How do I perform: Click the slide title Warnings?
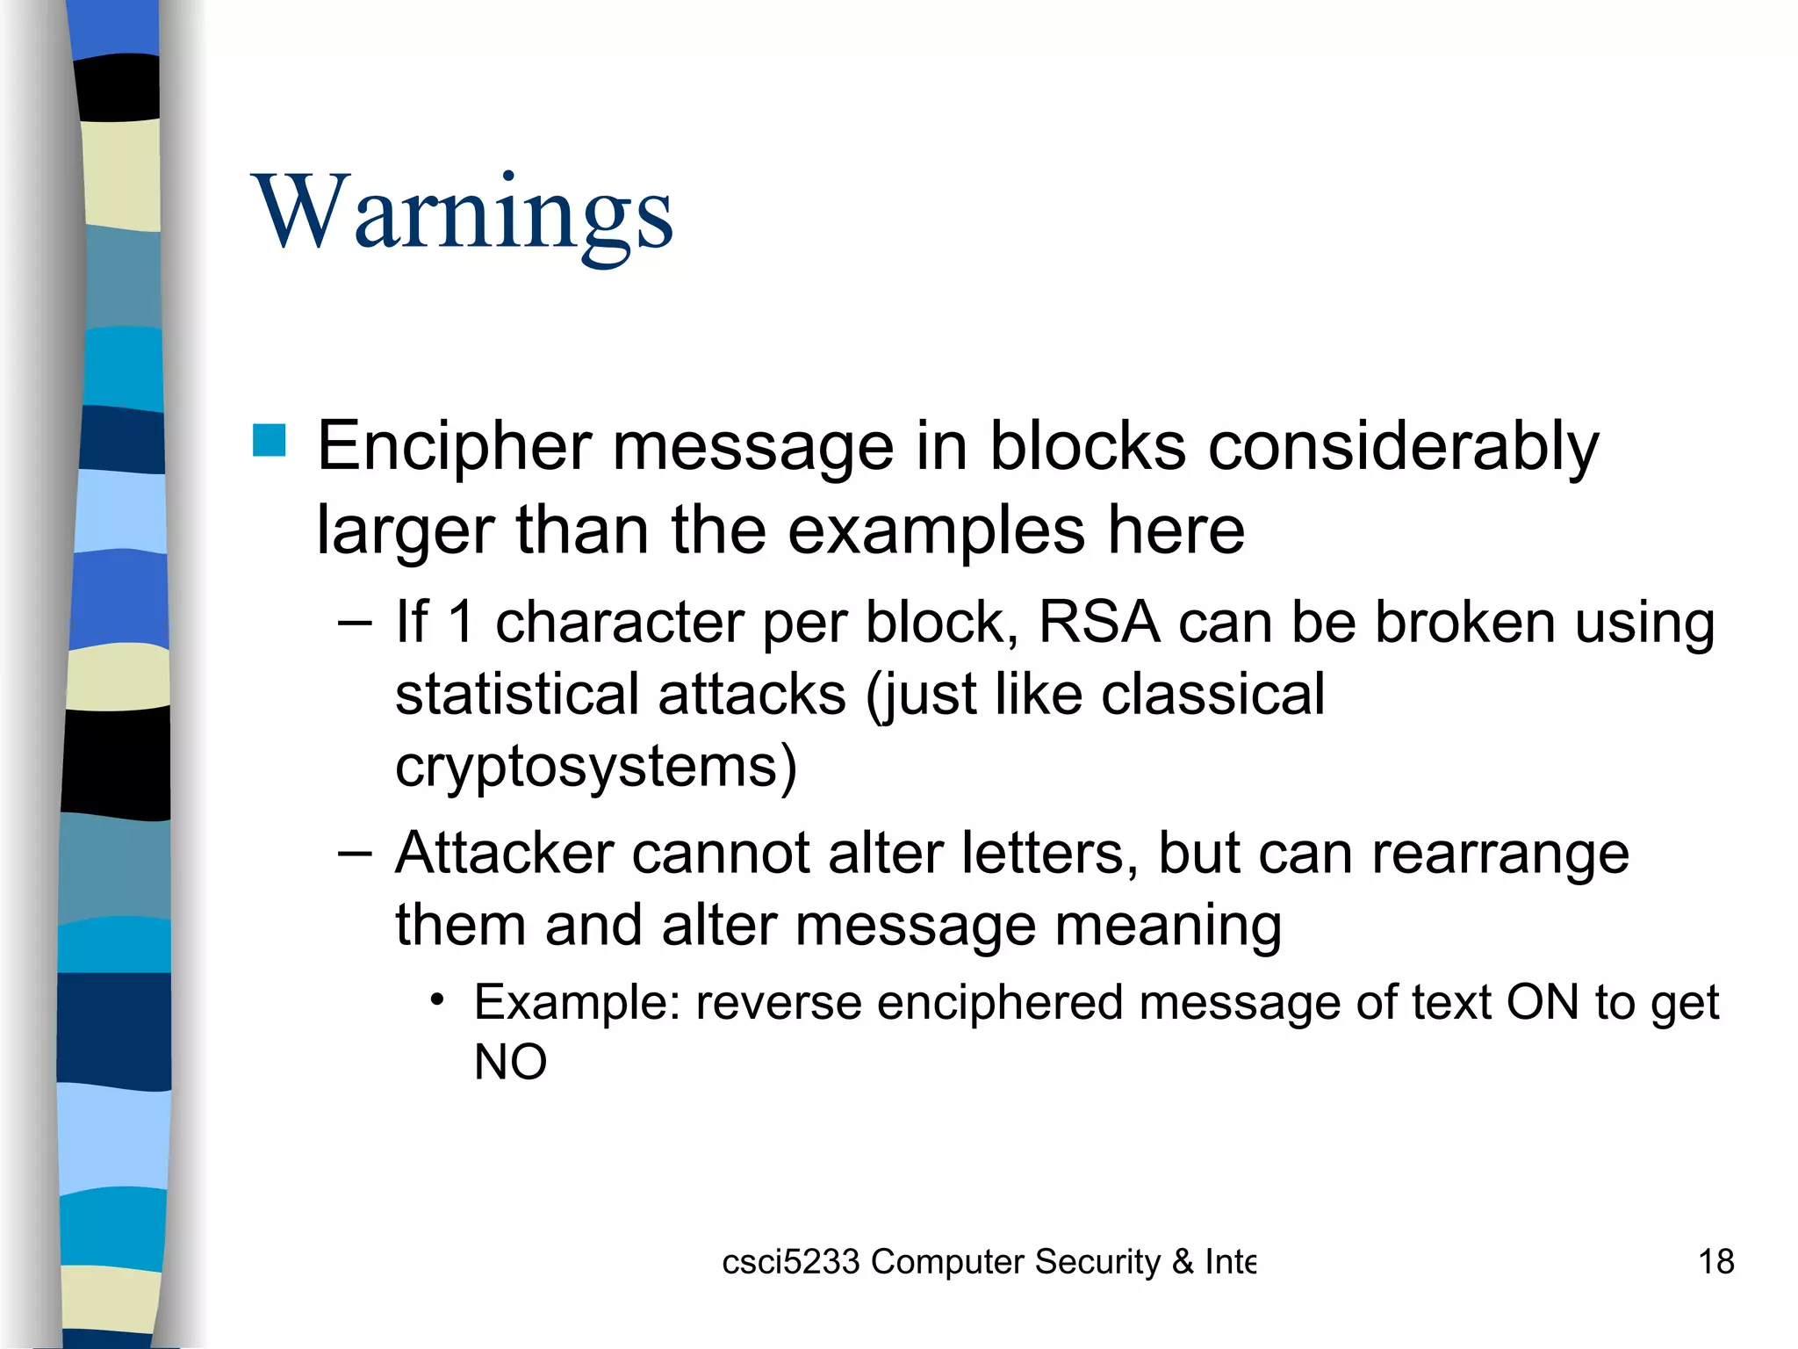[x=463, y=213]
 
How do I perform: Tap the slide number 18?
[x=1715, y=1262]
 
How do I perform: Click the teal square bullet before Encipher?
[x=270, y=441]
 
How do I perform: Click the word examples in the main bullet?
[x=935, y=530]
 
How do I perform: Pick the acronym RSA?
[x=1098, y=622]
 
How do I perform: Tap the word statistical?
[x=516, y=694]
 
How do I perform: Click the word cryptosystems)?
[x=596, y=767]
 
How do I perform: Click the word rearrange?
[x=1500, y=855]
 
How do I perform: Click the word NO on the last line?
[x=510, y=1062]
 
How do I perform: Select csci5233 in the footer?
[x=790, y=1262]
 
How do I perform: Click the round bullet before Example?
[x=437, y=1000]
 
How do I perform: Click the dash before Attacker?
[x=355, y=854]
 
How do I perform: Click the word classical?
[x=1212, y=694]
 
